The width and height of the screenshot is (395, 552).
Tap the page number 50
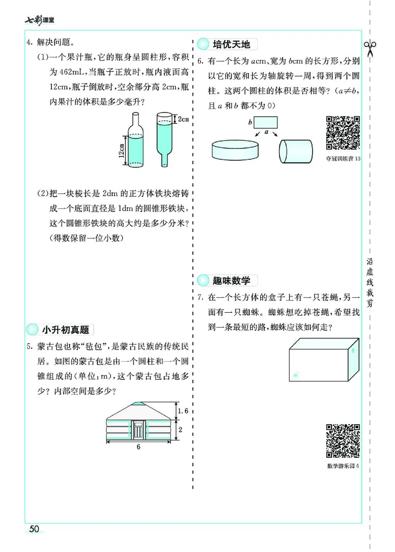[x=34, y=529]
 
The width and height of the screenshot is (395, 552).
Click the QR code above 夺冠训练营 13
[x=343, y=133]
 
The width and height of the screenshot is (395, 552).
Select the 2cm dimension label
[x=184, y=119]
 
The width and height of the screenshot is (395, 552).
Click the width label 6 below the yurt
[x=139, y=447]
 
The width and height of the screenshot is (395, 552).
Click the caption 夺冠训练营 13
[x=343, y=158]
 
